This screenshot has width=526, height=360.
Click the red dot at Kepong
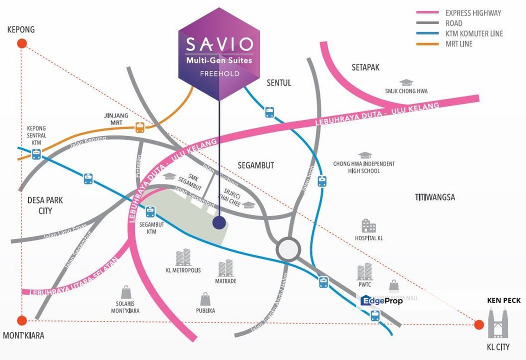(21, 43)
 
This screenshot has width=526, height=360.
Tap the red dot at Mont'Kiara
(21, 320)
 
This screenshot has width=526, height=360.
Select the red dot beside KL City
(479, 325)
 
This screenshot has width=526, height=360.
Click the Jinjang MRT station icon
(140, 127)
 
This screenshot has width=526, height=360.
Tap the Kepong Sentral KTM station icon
(36, 154)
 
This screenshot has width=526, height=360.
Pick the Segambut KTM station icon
(150, 212)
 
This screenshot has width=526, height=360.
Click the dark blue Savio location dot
(219, 222)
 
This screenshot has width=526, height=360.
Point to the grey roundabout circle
(289, 249)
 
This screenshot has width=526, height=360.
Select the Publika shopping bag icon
(205, 299)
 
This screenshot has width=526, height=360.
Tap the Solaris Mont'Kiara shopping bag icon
(126, 292)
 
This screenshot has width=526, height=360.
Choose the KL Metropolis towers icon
(183, 257)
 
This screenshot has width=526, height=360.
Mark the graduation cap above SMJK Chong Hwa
(406, 82)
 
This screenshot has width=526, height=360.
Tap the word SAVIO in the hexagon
(219, 44)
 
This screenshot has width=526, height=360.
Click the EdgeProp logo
(381, 300)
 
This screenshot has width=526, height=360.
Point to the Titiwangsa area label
(434, 197)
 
